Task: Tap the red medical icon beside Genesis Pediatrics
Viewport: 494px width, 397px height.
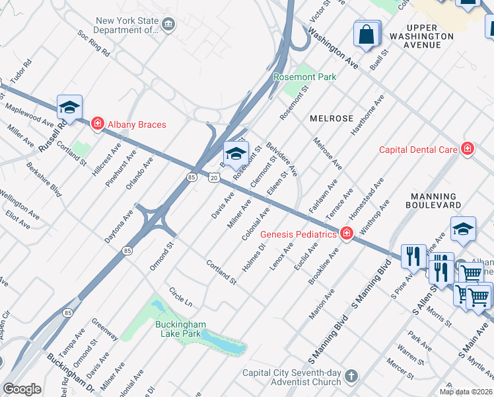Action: pos(347,234)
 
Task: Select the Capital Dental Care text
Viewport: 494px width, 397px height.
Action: pos(418,150)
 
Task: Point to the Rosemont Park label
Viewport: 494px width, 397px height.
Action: pos(305,77)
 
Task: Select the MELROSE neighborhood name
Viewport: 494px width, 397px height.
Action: pos(331,118)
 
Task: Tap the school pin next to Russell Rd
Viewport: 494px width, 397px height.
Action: pos(69,107)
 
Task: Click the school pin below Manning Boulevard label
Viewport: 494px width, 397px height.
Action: pos(464,229)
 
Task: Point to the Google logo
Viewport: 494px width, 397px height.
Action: pos(22,388)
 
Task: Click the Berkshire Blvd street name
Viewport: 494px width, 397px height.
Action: pos(44,179)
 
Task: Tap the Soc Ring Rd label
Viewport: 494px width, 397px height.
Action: pos(94,42)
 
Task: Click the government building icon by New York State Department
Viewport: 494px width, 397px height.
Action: pos(169,25)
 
